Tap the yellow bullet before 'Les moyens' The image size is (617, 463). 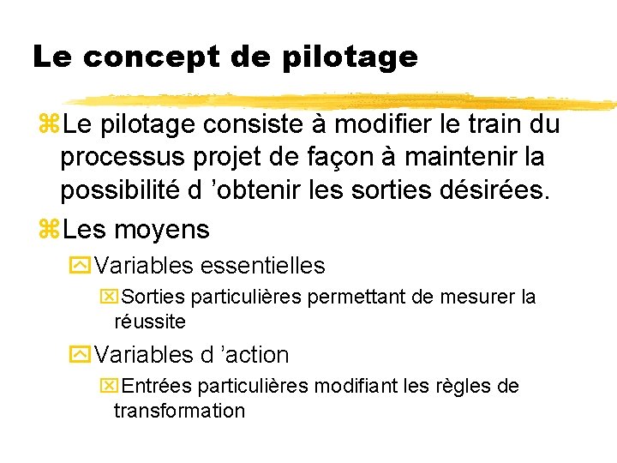[x=48, y=230]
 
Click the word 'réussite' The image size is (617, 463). [x=149, y=322]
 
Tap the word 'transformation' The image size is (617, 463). [x=179, y=410]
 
